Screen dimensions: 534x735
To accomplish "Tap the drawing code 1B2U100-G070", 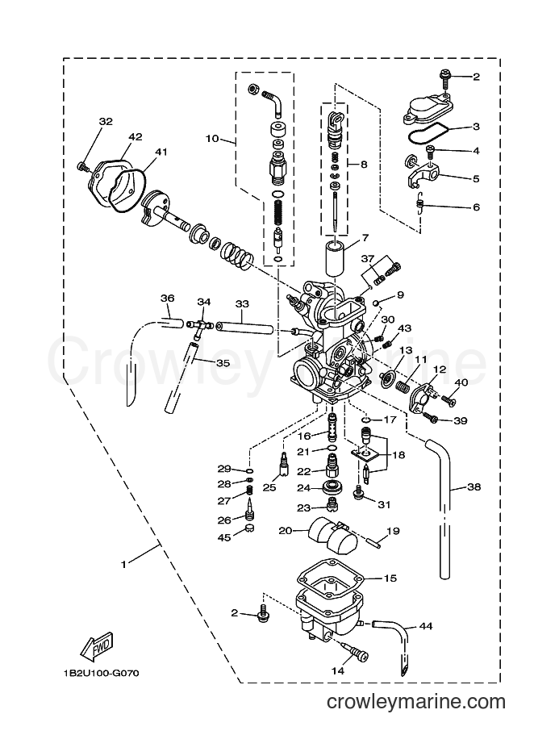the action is pos(102,674).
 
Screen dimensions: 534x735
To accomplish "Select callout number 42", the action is pos(135,137).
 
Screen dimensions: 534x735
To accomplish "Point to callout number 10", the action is pos(212,138).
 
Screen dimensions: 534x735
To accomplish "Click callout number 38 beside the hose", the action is pos(474,487).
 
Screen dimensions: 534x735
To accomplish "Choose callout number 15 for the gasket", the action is pos(390,578).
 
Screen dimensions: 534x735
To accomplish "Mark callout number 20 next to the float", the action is pos(285,531).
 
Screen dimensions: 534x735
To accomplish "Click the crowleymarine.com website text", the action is pos(416,702).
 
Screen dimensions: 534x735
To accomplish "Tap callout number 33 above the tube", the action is pos(242,303).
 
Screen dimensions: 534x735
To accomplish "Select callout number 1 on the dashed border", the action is pos(123,565).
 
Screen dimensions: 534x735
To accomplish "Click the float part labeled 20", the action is pos(332,534).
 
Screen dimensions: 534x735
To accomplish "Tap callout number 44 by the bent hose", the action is pos(426,626).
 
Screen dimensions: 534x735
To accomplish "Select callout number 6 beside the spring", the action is pos(477,207).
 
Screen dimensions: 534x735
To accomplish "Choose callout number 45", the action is pos(224,537).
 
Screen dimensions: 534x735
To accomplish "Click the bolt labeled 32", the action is pos(83,165).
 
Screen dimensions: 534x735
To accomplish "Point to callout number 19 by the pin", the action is pos(393,531).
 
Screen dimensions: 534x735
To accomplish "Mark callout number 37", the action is pos(368,259).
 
